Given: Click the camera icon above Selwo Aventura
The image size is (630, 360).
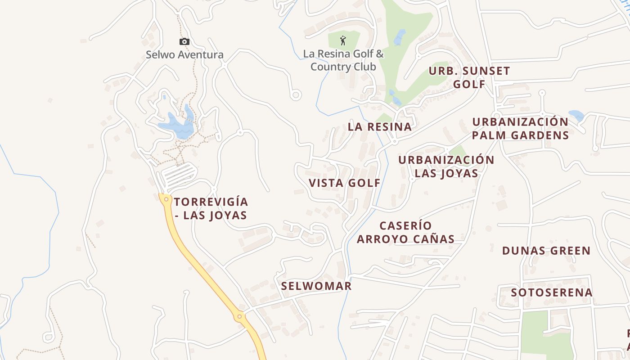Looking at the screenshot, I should [184, 42].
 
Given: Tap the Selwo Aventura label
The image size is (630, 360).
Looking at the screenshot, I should [184, 55].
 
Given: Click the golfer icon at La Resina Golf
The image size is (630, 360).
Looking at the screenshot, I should [343, 40].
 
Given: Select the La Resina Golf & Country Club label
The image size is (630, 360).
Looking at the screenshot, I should [343, 60].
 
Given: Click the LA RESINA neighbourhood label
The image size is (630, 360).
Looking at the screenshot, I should [379, 127].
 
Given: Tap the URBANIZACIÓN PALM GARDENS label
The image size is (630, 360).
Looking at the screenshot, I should [520, 128].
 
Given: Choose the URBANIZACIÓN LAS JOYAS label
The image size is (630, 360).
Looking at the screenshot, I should [446, 166].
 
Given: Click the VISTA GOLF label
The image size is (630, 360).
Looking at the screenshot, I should [345, 183].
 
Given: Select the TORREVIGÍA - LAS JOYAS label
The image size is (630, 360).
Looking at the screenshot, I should [211, 208].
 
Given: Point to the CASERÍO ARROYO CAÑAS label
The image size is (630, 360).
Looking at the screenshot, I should [405, 232].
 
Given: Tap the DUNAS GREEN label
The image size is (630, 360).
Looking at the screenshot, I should [546, 251].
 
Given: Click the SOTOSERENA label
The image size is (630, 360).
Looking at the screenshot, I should [552, 292].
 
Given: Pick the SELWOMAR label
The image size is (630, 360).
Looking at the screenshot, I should [316, 286].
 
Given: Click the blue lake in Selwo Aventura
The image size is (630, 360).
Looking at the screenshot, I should [176, 126].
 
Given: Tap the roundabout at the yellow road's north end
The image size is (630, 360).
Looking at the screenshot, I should [166, 199].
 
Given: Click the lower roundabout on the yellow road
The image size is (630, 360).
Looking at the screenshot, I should [239, 317].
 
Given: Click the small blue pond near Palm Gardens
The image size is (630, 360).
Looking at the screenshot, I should [576, 115].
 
